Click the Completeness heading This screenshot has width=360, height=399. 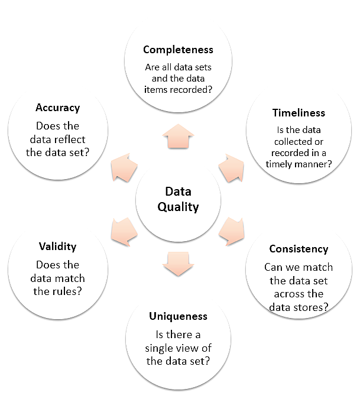pyautogui.click(x=178, y=49)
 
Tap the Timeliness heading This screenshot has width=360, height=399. pyautogui.click(x=299, y=113)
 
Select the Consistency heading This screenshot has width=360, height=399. pyautogui.click(x=299, y=249)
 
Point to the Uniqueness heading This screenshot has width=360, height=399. pyautogui.click(x=178, y=316)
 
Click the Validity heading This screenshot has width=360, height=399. pyautogui.click(x=57, y=246)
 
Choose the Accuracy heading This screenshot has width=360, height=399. pyautogui.click(x=57, y=108)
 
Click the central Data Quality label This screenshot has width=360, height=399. pyautogui.click(x=178, y=199)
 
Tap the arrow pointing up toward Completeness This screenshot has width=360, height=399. pyautogui.click(x=178, y=137)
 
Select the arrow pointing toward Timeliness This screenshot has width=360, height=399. pyautogui.click(x=231, y=167)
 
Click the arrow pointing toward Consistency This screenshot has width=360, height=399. pyautogui.click(x=231, y=232)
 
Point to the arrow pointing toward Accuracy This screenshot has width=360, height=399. pyautogui.click(x=125, y=167)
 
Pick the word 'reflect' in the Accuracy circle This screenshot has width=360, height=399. pyautogui.click(x=71, y=139)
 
